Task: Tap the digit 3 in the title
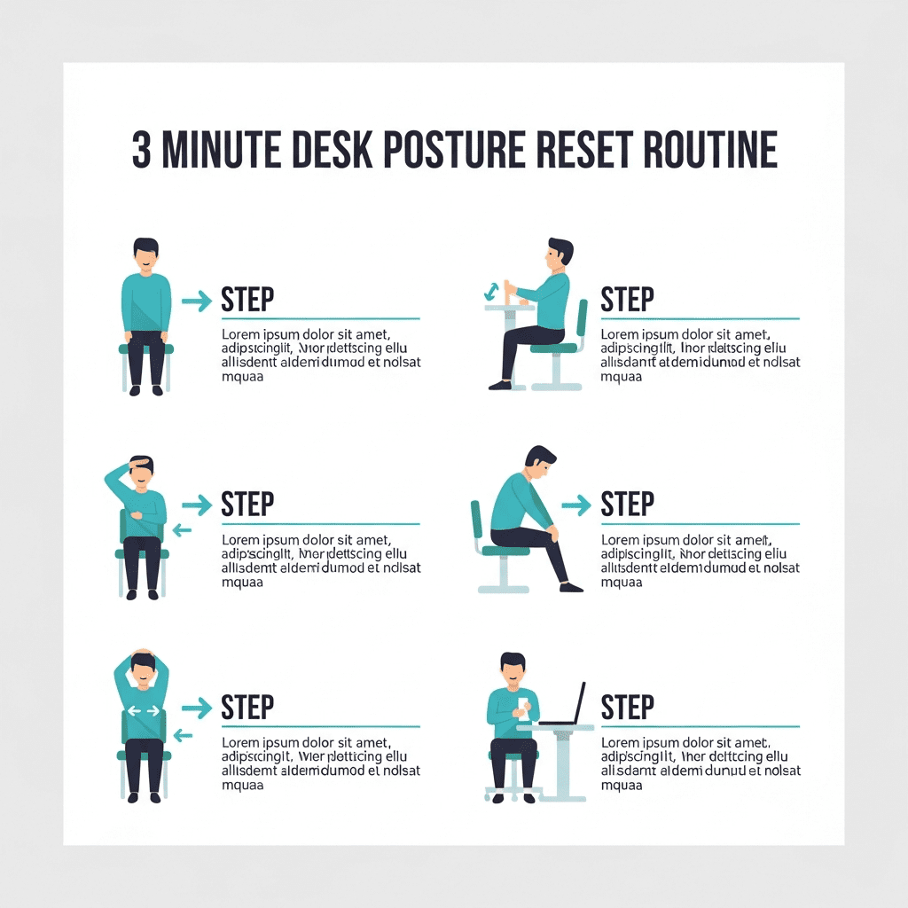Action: pyautogui.click(x=142, y=150)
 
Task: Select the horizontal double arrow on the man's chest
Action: pyautogui.click(x=143, y=710)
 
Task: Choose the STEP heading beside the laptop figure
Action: pyautogui.click(x=627, y=708)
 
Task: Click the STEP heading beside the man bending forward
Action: pyautogui.click(x=627, y=505)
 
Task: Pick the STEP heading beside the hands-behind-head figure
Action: pyautogui.click(x=247, y=708)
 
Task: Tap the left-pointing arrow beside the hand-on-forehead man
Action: pyautogui.click(x=182, y=530)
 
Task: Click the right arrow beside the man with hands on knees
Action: pyautogui.click(x=197, y=301)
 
